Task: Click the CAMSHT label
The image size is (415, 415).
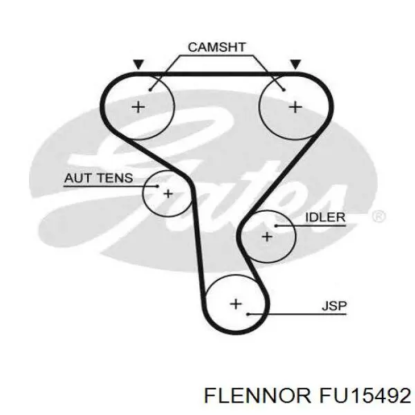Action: [216, 47]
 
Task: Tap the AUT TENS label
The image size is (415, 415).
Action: [98, 178]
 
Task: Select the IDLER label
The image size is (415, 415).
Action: [325, 217]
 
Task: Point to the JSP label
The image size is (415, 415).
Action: [334, 306]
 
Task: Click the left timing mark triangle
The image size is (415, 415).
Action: [138, 64]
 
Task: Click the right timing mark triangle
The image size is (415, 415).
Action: [295, 64]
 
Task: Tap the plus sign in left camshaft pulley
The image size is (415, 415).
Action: [138, 107]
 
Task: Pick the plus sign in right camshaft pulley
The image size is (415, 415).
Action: [295, 107]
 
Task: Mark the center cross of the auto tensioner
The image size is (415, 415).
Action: [168, 194]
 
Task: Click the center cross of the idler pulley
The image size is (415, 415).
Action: [267, 237]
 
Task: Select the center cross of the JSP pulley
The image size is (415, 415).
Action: [236, 304]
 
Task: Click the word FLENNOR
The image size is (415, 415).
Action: [257, 396]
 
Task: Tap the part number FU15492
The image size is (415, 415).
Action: [365, 396]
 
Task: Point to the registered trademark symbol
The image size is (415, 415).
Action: [379, 216]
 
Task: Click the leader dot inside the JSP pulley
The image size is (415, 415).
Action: [248, 314]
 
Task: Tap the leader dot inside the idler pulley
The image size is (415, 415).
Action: [276, 225]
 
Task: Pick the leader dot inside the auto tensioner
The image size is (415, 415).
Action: [158, 186]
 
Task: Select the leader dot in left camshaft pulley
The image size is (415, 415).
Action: [150, 90]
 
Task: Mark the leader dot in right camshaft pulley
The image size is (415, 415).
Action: [284, 90]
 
